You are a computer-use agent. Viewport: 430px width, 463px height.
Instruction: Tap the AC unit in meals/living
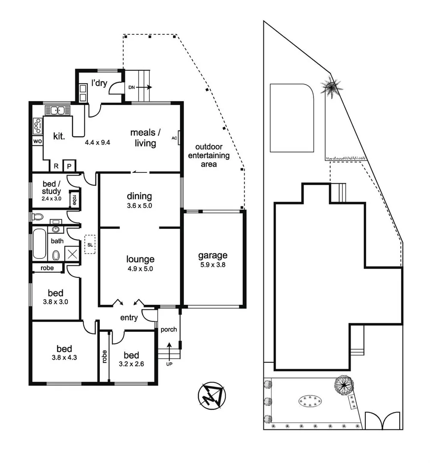(178, 138)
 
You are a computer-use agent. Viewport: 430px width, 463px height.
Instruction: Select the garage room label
(212, 256)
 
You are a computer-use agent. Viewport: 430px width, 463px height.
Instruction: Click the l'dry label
(99, 83)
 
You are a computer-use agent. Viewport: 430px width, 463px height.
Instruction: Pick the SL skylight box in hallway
(90, 244)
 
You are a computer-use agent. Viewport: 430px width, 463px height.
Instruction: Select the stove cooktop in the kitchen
(36, 126)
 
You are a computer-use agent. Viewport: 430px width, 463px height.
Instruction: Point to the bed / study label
(51, 187)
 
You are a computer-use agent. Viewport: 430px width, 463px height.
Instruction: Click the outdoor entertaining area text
(209, 155)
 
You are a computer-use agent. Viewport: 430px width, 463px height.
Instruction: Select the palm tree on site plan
(331, 88)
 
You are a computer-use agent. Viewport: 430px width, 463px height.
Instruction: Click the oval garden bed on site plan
(309, 401)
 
